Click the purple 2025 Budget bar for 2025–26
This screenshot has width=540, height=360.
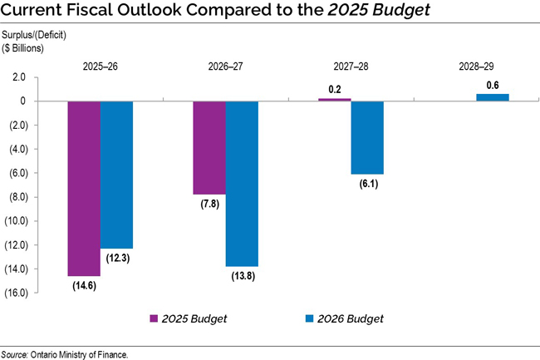click(x=84, y=188)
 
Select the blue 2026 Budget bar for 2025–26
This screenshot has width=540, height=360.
click(x=117, y=175)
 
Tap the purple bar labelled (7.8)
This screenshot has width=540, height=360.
click(x=209, y=148)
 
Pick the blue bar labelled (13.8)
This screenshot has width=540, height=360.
click(x=242, y=183)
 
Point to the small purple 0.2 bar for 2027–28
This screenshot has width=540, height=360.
click(x=335, y=100)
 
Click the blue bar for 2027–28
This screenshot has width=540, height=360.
click(x=367, y=137)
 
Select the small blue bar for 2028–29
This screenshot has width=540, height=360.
click(x=493, y=97)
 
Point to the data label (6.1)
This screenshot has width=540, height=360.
click(x=367, y=184)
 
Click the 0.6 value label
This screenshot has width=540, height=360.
click(x=493, y=84)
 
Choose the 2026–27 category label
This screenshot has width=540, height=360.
click(x=225, y=64)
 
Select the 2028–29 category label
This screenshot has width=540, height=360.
click(x=476, y=64)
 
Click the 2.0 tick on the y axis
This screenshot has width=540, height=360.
click(x=18, y=77)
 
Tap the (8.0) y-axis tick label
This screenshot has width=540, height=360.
click(x=18, y=197)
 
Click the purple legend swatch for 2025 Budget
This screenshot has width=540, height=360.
click(x=154, y=318)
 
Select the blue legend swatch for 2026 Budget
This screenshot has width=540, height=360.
click(x=311, y=318)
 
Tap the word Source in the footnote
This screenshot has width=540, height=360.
click(x=14, y=354)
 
